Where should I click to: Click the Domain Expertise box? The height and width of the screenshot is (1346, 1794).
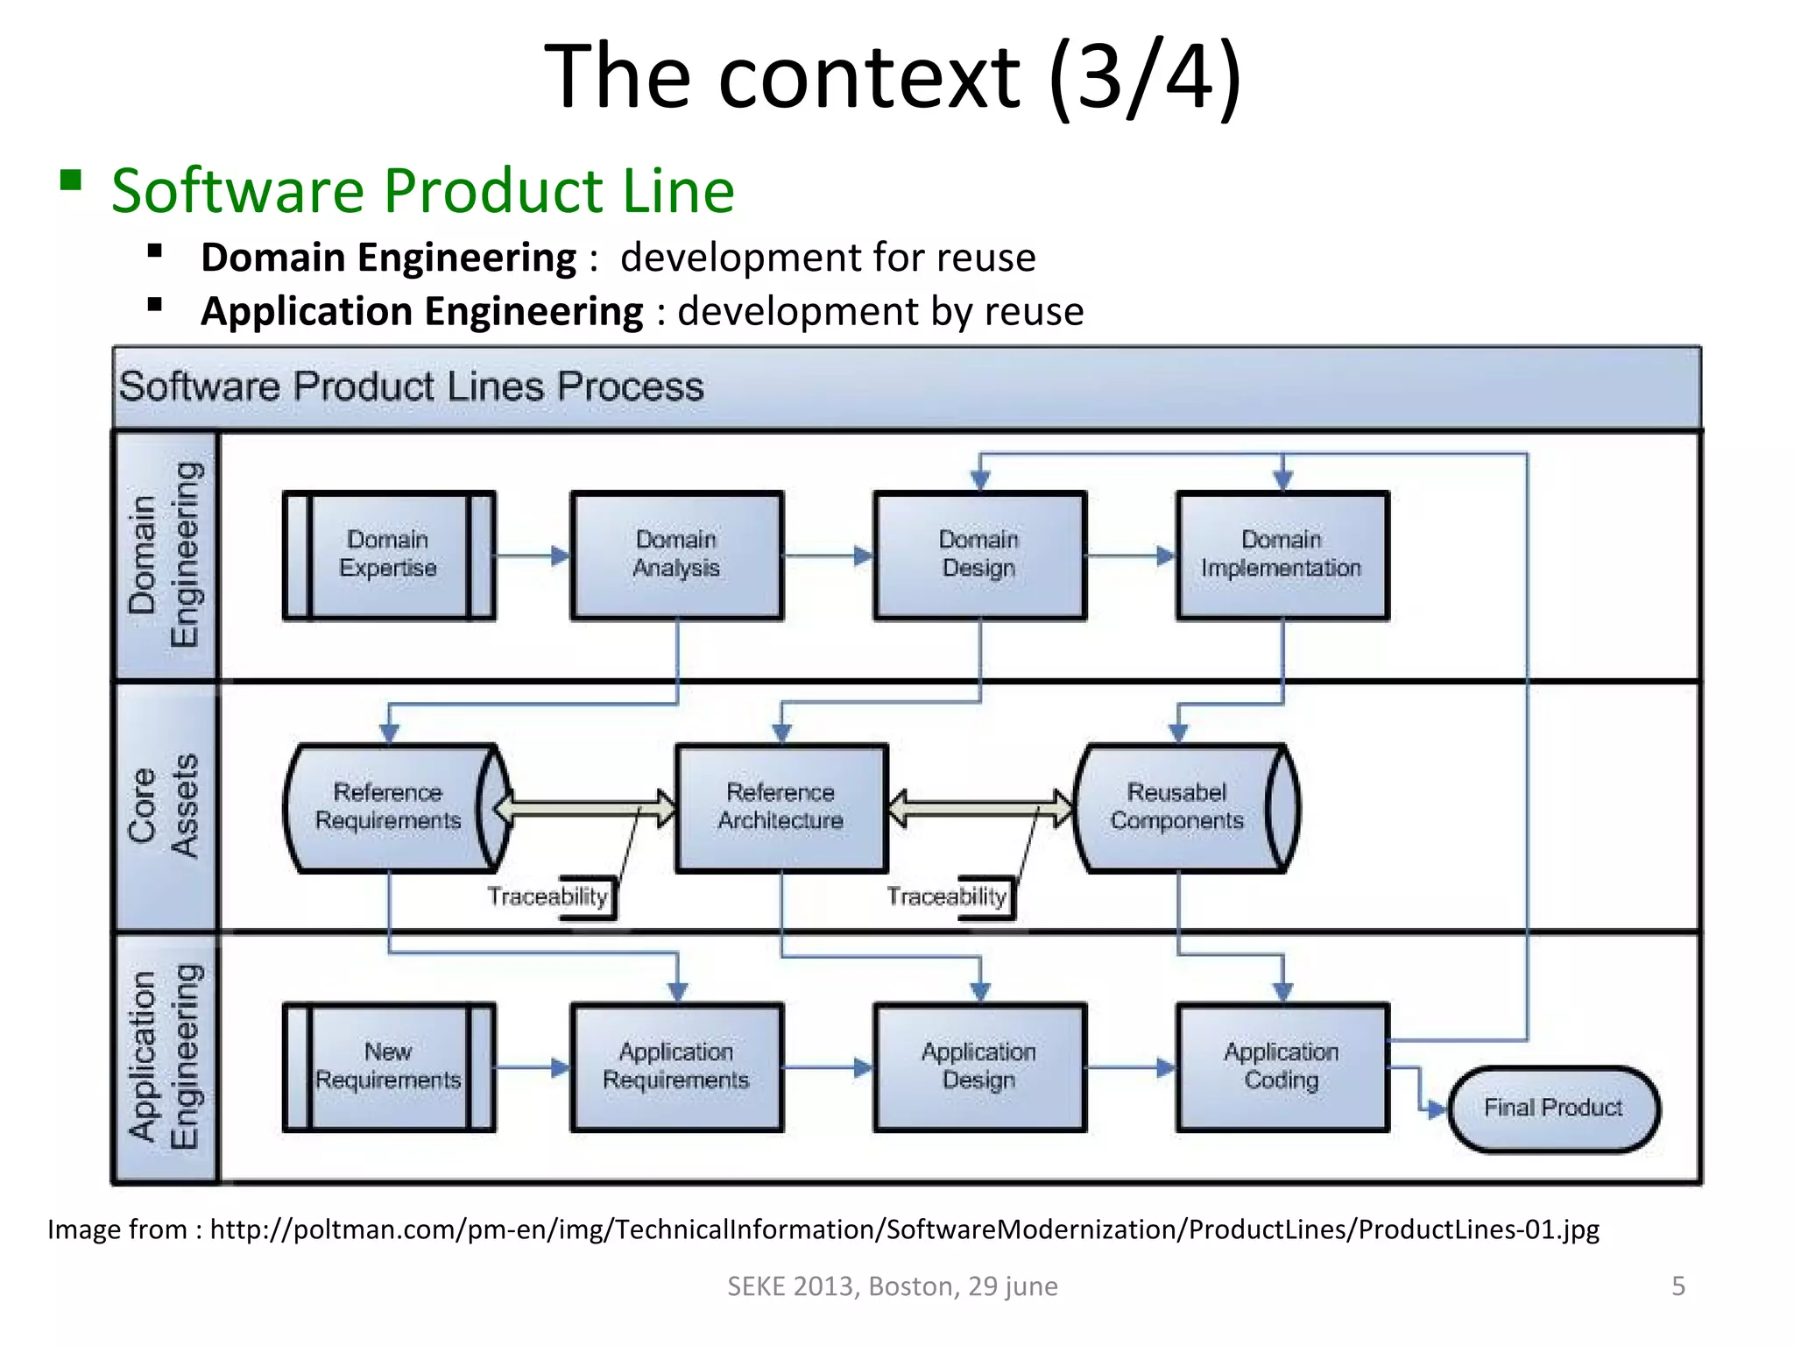[389, 556]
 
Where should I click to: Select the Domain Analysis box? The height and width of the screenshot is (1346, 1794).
[676, 556]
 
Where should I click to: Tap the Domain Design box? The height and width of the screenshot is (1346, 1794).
[979, 556]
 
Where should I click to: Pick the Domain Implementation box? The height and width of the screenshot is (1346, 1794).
[1282, 556]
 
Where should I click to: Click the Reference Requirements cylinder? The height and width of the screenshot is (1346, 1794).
[389, 807]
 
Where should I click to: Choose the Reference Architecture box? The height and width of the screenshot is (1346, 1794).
[780, 807]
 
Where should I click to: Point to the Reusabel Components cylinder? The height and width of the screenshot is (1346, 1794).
[1176, 807]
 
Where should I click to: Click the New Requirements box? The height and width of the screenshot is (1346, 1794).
[389, 1066]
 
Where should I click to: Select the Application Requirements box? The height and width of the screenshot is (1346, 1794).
[676, 1066]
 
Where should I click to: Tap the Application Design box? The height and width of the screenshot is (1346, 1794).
[979, 1066]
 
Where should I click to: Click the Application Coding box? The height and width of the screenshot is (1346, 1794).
[1282, 1066]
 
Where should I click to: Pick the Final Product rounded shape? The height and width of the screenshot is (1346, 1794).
[1553, 1109]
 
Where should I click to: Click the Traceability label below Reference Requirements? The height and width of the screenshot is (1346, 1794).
[548, 897]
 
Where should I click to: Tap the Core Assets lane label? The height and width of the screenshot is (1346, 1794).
[165, 806]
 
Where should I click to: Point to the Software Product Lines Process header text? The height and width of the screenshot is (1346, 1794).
[412, 387]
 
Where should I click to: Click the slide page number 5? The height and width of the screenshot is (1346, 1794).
[1677, 1286]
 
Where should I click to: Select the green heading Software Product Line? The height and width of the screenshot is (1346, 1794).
[423, 191]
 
